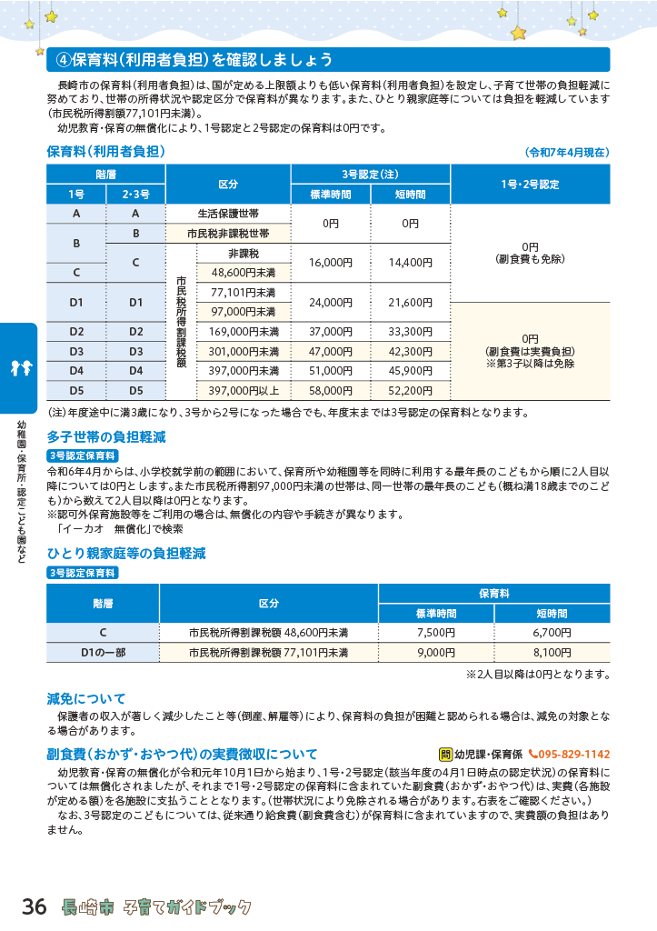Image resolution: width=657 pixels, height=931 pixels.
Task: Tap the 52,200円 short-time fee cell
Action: point(410,390)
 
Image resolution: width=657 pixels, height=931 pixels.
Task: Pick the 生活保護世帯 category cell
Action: point(228,214)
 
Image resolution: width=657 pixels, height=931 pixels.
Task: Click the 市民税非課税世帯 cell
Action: point(228,234)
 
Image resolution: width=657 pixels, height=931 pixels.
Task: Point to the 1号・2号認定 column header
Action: point(530,184)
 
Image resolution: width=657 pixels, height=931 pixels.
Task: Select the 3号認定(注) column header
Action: point(370,174)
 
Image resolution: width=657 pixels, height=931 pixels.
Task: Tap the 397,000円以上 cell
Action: point(244,390)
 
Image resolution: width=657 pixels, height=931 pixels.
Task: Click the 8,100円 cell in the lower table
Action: point(551,653)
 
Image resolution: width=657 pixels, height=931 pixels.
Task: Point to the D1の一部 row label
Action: point(104,653)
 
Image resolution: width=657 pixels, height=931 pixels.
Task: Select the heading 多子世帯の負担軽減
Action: point(106,437)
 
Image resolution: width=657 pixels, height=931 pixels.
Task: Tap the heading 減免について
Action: point(86,699)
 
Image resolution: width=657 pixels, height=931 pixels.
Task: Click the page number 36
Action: point(34,906)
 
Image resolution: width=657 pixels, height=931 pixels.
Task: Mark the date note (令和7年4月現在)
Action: point(566,152)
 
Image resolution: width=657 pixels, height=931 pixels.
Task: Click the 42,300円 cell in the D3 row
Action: point(410,351)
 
